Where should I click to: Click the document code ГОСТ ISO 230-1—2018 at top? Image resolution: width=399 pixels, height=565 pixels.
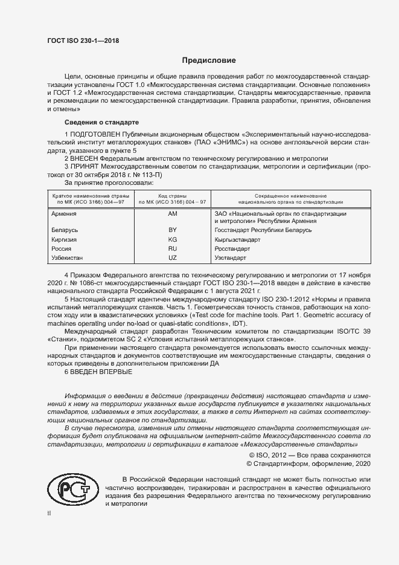click(x=83, y=40)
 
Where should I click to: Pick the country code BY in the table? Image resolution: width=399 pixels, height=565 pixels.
click(x=172, y=230)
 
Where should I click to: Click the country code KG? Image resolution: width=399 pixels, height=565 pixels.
click(x=172, y=239)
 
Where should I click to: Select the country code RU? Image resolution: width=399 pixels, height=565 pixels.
click(x=172, y=248)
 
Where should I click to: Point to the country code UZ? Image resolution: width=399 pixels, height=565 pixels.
click(x=172, y=257)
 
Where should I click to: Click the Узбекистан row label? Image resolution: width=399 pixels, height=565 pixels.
click(x=68, y=257)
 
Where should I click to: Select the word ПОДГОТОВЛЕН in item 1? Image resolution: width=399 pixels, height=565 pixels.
click(x=94, y=133)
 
